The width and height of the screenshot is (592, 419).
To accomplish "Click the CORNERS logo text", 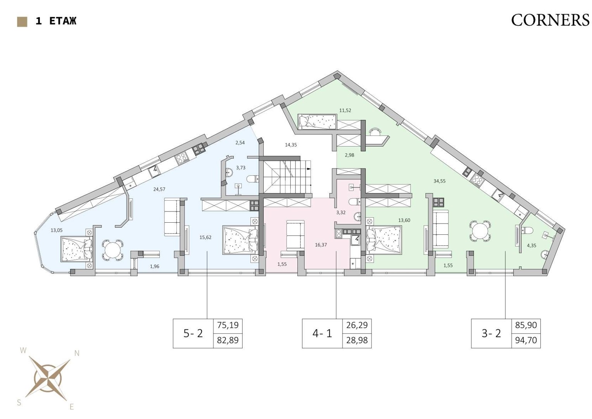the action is tap(550, 20).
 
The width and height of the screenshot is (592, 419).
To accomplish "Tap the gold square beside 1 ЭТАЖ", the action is tap(22, 22).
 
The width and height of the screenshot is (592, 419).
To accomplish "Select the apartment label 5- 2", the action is tap(193, 333).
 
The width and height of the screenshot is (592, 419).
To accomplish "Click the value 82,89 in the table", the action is tap(228, 340).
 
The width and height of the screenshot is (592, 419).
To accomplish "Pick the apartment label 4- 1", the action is tap(322, 333).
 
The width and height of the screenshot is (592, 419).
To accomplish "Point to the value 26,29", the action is tap(357, 325).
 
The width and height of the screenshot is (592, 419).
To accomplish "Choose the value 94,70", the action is tap(526, 340).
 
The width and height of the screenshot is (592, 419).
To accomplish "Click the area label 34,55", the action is tap(440, 181).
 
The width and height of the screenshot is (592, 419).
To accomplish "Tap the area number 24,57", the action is tap(159, 189).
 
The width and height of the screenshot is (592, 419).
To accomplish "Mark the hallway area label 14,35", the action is tap(291, 145).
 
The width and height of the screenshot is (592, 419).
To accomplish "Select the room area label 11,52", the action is tap(345, 110).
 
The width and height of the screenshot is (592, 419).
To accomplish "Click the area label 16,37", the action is tap(321, 245).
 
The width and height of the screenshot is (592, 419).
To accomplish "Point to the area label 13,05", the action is tap(57, 230).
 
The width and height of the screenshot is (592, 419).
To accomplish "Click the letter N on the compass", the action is tap(77, 353).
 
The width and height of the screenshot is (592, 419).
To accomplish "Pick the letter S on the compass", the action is tap(19, 402).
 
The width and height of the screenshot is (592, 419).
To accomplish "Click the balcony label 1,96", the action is tap(155, 267).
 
